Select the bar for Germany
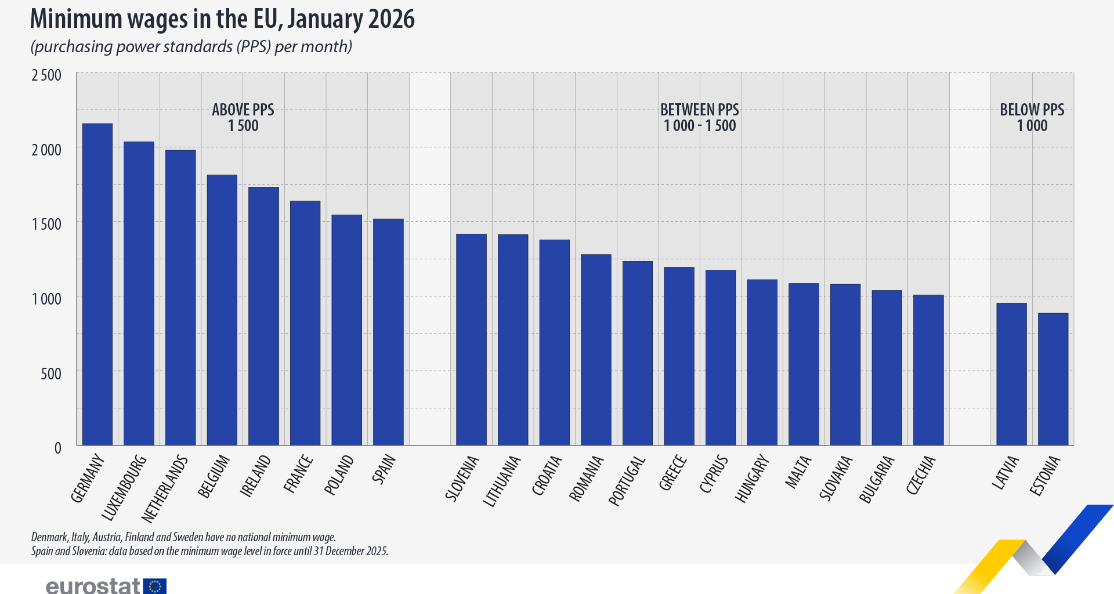click(97, 284)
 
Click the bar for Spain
click(388, 332)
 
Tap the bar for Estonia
click(1052, 379)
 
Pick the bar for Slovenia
click(471, 339)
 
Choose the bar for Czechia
click(928, 370)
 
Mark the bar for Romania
click(596, 350)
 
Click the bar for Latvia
click(1011, 374)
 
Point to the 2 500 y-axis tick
click(46, 75)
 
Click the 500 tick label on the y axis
click(51, 374)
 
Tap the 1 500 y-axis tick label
click(46, 224)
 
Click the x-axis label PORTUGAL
click(627, 481)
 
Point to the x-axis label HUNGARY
click(752, 479)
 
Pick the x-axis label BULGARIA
click(877, 479)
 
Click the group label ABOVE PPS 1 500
click(243, 118)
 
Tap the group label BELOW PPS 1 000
click(1032, 118)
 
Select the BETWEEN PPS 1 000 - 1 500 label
click(699, 118)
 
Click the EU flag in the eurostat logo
click(155, 586)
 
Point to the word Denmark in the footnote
click(49, 537)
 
